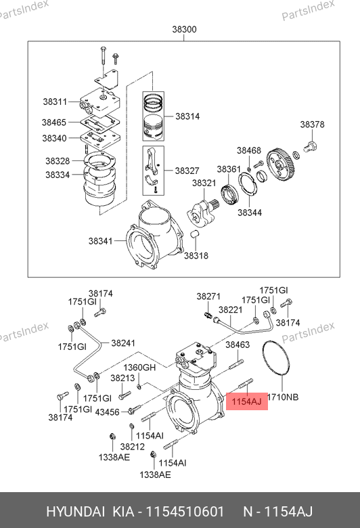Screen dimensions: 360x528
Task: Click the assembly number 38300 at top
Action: [184, 29]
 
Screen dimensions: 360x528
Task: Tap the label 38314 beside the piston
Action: [187, 116]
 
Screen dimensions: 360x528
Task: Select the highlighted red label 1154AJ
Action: [246, 401]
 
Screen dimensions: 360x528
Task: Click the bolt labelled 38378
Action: [311, 147]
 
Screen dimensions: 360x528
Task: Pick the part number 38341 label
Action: [100, 241]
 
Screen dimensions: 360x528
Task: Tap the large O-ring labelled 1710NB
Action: [276, 358]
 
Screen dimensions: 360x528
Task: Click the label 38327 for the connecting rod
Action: [187, 171]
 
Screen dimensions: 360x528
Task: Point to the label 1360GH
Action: [139, 367]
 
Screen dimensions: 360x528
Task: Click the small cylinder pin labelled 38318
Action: [196, 234]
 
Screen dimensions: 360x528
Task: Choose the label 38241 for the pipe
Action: [123, 343]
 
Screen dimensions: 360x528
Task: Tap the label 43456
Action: [107, 412]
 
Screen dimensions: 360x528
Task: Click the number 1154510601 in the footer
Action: [185, 512]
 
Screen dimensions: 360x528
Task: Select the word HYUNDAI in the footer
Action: [75, 512]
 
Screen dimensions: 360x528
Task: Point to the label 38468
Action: [249, 150]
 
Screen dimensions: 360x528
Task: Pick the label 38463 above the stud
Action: [238, 345]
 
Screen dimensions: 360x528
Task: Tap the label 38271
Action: [208, 296]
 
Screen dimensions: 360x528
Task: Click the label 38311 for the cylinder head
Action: [55, 102]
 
